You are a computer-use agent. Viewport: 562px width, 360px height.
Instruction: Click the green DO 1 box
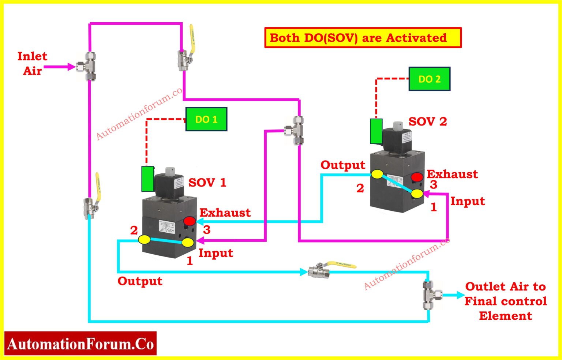point(206,119)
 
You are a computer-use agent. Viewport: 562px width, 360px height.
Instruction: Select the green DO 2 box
point(429,79)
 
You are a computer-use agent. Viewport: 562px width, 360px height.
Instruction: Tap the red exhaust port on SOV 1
point(189,221)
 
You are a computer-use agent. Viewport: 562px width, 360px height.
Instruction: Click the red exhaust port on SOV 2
point(417,177)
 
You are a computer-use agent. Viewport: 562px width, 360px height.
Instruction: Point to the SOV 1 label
point(207,182)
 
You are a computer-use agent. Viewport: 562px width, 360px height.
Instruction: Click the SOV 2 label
point(427,121)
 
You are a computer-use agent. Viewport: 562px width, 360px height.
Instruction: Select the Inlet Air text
point(32,63)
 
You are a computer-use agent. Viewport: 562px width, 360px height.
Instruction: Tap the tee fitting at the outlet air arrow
point(430,295)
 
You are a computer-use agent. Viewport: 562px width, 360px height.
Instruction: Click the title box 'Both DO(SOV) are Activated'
point(363,38)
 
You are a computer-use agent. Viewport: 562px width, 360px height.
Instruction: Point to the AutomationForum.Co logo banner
point(80,344)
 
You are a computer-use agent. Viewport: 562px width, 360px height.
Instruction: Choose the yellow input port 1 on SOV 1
point(188,242)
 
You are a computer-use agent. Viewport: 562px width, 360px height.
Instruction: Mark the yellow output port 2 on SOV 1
point(144,240)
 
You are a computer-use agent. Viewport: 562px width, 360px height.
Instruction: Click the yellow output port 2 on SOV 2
point(377,174)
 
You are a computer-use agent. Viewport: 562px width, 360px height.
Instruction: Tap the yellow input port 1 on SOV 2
point(417,194)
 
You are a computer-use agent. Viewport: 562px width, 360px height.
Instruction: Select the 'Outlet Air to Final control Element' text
point(505,301)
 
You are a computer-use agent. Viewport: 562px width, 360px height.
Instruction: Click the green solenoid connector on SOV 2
point(376,131)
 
